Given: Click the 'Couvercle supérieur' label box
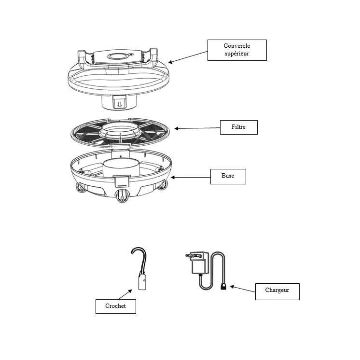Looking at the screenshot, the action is (x=237, y=50).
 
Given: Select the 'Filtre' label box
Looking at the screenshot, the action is (x=239, y=127).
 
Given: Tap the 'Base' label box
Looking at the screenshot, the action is (x=228, y=177).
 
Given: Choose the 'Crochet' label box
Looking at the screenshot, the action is (x=116, y=306).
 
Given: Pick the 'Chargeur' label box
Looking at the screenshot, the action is (x=277, y=291).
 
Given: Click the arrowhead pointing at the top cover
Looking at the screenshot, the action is (x=170, y=62).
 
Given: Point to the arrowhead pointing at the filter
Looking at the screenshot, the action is (x=176, y=128).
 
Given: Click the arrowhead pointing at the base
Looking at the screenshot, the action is (x=173, y=177).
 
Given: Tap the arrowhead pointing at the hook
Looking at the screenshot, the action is (x=130, y=291).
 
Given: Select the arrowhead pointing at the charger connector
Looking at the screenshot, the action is (x=232, y=287).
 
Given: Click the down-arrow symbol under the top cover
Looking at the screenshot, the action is (x=119, y=104).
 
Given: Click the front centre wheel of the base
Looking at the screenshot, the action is (x=122, y=196).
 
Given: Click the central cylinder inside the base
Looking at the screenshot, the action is (x=121, y=168).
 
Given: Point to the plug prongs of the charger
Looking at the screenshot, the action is (x=191, y=255).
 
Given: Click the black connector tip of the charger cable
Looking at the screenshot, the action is (x=223, y=286).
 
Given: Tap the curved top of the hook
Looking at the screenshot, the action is (x=138, y=251).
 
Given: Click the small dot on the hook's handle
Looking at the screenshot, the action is (x=144, y=280).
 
